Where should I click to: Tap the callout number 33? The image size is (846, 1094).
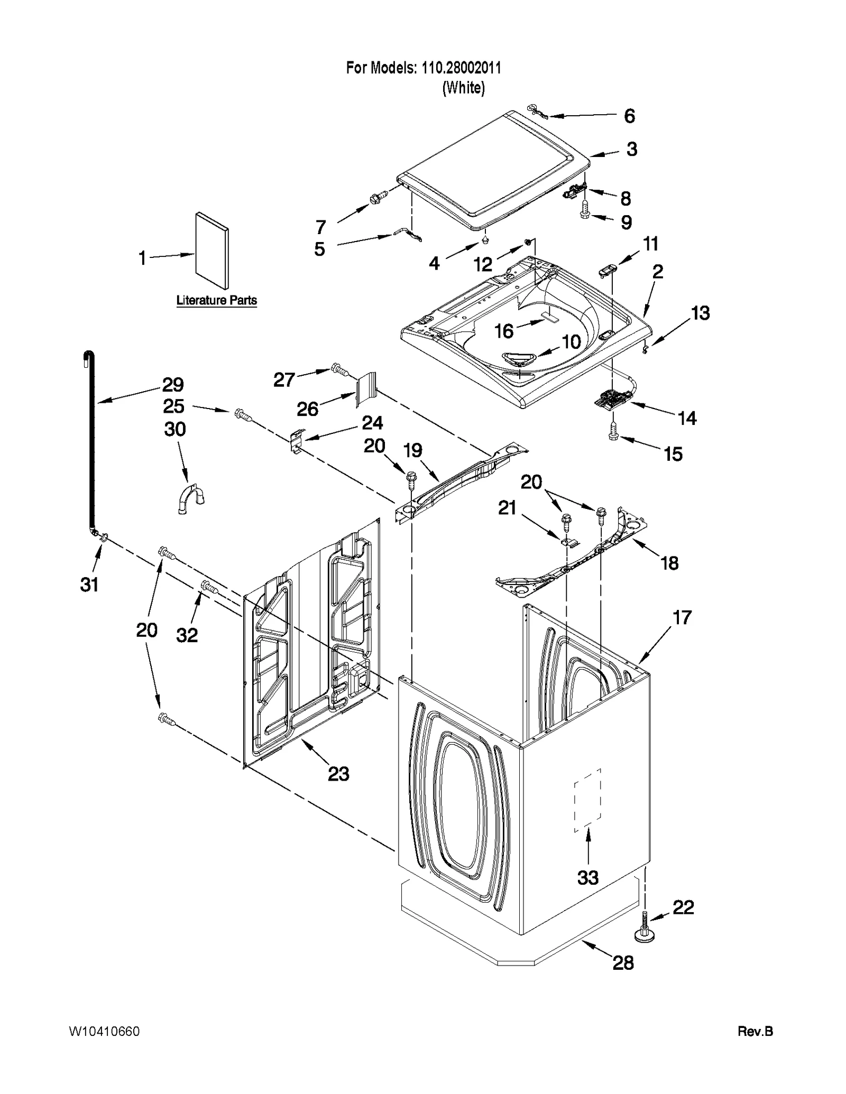587,878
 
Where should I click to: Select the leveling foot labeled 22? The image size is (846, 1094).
645,932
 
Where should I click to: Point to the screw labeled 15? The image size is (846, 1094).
613,431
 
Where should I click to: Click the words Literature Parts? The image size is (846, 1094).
216,300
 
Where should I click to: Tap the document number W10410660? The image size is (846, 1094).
104,1031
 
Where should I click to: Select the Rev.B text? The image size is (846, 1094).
755,1031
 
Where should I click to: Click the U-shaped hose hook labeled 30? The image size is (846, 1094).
191,499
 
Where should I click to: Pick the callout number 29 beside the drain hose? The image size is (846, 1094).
172,384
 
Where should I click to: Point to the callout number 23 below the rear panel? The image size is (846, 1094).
338,774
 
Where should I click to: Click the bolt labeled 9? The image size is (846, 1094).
584,211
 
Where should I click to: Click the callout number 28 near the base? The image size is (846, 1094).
623,963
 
